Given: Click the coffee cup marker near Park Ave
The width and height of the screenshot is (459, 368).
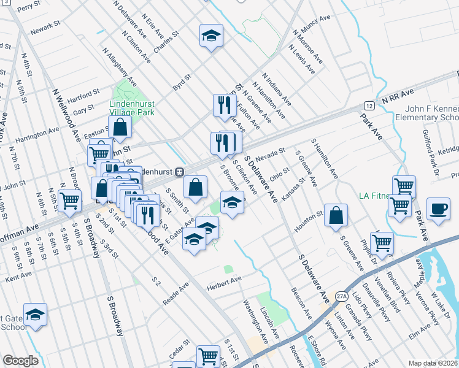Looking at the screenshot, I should (x=439, y=209).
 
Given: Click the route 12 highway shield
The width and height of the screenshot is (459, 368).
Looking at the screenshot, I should (x=365, y=105).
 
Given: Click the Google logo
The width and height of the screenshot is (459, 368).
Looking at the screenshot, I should (x=20, y=360).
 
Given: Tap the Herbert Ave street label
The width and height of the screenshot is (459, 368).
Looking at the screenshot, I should (x=225, y=281).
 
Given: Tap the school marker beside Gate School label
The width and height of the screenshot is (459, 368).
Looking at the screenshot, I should (x=36, y=315).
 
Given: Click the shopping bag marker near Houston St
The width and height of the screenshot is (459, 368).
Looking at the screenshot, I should (x=336, y=215).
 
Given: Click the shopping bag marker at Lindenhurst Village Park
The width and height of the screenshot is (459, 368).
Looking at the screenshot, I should (x=121, y=128).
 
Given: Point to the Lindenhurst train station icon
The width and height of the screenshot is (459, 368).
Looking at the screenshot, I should (x=180, y=172).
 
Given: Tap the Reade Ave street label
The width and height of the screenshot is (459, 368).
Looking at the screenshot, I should (x=176, y=295).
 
